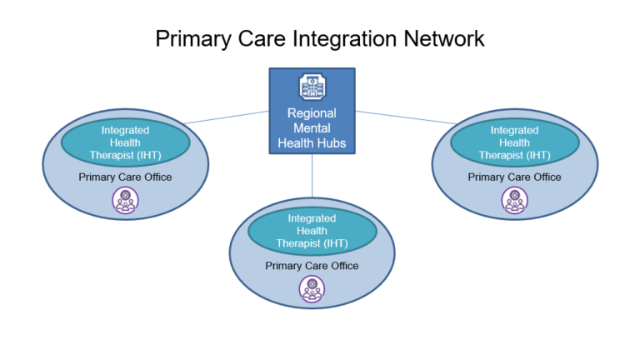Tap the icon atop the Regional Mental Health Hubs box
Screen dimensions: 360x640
[312, 87]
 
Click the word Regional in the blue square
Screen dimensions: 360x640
[312, 114]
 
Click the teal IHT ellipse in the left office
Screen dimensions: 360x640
[125, 142]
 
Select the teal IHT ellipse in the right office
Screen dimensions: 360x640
[514, 142]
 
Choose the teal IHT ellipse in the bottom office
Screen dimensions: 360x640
[312, 231]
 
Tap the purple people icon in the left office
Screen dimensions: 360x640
[125, 200]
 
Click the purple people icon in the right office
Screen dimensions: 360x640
[514, 200]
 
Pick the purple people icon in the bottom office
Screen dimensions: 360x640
[312, 289]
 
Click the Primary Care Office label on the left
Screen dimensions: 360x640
[125, 177]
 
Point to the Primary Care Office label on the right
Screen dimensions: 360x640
[514, 177]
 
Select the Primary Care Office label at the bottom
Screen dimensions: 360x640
[312, 266]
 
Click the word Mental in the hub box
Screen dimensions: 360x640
[312, 129]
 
